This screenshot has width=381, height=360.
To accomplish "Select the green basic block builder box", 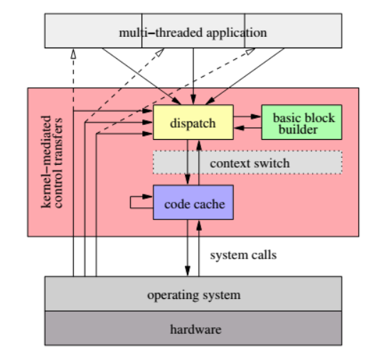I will [x=302, y=123].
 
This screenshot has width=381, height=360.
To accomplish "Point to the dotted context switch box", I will [x=248, y=163].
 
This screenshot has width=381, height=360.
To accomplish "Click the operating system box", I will [x=193, y=294].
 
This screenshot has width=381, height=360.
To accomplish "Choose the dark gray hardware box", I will [x=193, y=329].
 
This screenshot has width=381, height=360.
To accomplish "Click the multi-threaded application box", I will [x=193, y=32].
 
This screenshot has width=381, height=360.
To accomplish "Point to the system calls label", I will [x=244, y=254].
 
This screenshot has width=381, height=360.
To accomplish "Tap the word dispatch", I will [x=193, y=124].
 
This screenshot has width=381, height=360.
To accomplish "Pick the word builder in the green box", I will [x=299, y=129].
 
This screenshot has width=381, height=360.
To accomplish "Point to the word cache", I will [x=210, y=204].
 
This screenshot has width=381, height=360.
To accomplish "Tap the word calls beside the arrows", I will [x=263, y=254].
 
